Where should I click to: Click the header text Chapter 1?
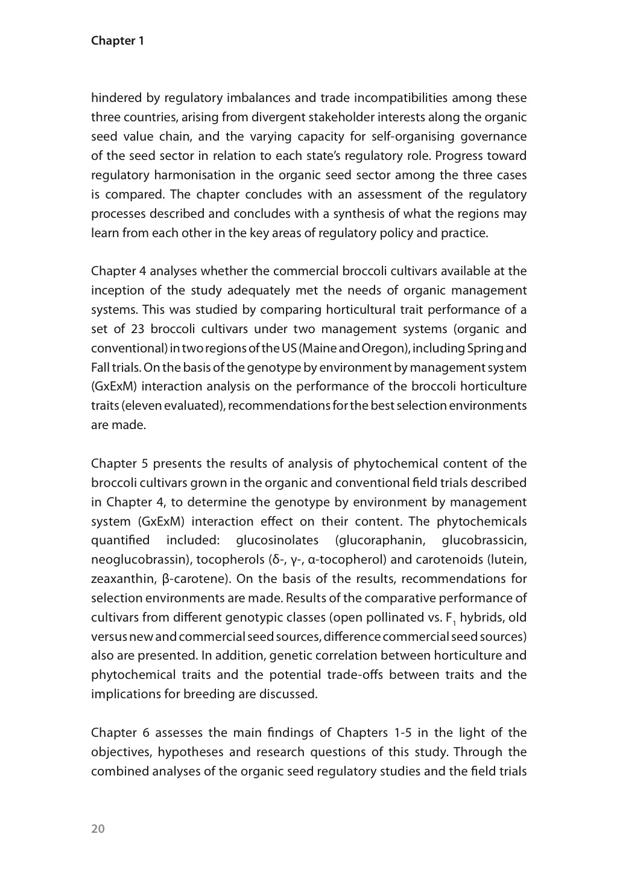118,41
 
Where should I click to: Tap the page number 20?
98,829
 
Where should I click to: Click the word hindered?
116,98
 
